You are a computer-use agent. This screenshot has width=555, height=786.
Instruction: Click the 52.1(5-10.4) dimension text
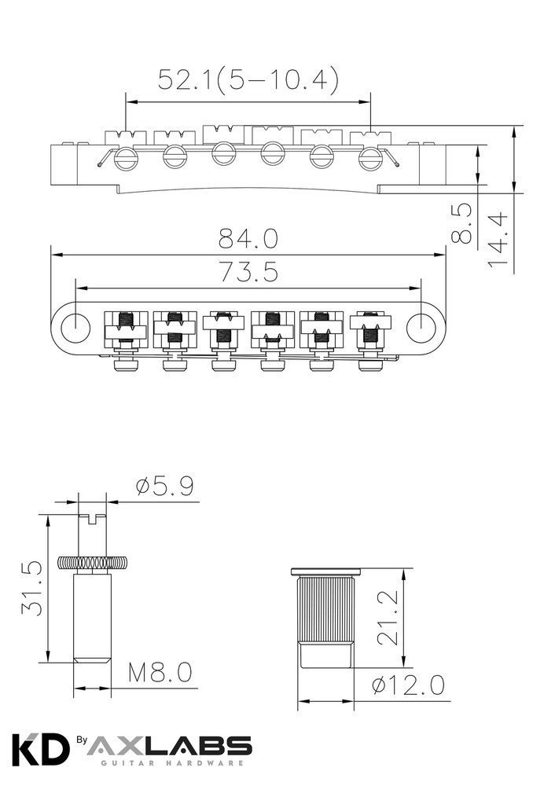pos(248,79)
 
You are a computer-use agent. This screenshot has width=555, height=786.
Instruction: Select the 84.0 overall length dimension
pos(248,239)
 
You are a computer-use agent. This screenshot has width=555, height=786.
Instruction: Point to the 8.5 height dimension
pos(462,223)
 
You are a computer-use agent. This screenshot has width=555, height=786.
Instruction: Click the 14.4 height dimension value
pos(498,239)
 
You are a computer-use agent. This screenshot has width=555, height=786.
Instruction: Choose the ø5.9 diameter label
pos(164,487)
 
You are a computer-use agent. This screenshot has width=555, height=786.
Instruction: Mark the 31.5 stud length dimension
pos(31,588)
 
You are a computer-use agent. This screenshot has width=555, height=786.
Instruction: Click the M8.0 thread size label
pos(160,672)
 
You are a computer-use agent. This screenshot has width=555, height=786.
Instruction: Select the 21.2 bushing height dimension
pos(387,618)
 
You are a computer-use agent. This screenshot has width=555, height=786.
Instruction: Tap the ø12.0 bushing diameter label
pos(408,685)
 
